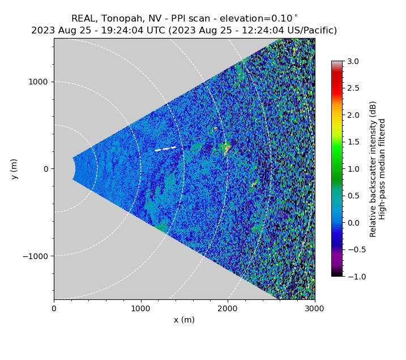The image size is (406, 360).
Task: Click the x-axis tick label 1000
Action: coord(140,308)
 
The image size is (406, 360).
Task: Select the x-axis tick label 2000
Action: coord(228,308)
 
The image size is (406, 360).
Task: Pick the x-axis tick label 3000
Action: coord(314,308)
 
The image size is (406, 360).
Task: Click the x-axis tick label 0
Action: coord(54,308)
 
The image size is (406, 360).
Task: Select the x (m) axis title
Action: coord(184,320)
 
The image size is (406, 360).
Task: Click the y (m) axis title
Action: coord(15,169)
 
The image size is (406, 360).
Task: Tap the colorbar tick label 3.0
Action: coord(353,61)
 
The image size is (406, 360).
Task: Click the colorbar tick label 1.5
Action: coord(353,142)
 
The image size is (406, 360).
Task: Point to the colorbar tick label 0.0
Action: coord(353,223)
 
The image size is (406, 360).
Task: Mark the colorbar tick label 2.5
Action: coord(353,88)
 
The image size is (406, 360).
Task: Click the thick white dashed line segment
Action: coord(165,149)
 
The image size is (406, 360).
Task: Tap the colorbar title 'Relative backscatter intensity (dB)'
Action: coord(373,169)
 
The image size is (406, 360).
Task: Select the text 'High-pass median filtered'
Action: coord(382,169)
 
